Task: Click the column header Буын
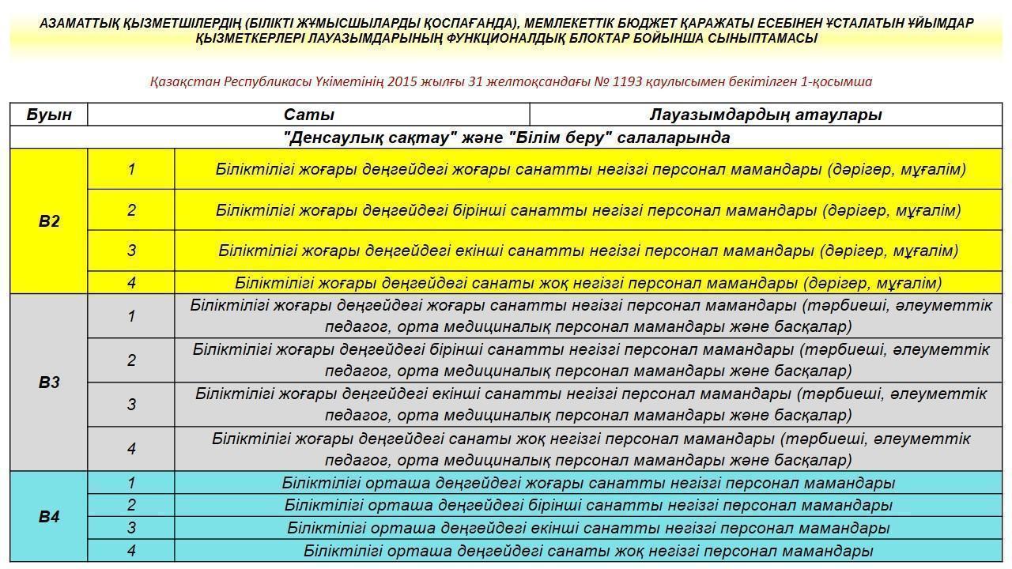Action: (49, 115)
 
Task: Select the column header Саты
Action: (308, 115)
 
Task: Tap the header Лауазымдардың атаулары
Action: (765, 115)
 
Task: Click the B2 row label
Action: (49, 221)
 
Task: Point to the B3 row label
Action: (49, 382)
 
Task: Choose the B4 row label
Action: (49, 517)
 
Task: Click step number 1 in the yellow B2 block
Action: (131, 169)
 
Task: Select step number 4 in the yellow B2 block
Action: (131, 282)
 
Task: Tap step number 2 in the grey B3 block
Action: (131, 360)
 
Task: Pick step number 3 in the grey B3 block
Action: (131, 405)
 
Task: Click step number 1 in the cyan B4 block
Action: (131, 483)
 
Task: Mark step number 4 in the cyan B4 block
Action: (131, 551)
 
